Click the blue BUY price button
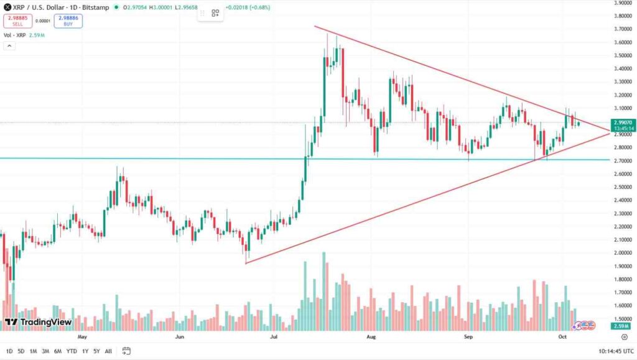(68, 21)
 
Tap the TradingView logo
(39, 323)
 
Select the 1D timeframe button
(9, 351)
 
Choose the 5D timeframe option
(21, 351)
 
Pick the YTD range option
(72, 351)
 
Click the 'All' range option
(108, 351)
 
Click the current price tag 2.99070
(623, 123)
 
